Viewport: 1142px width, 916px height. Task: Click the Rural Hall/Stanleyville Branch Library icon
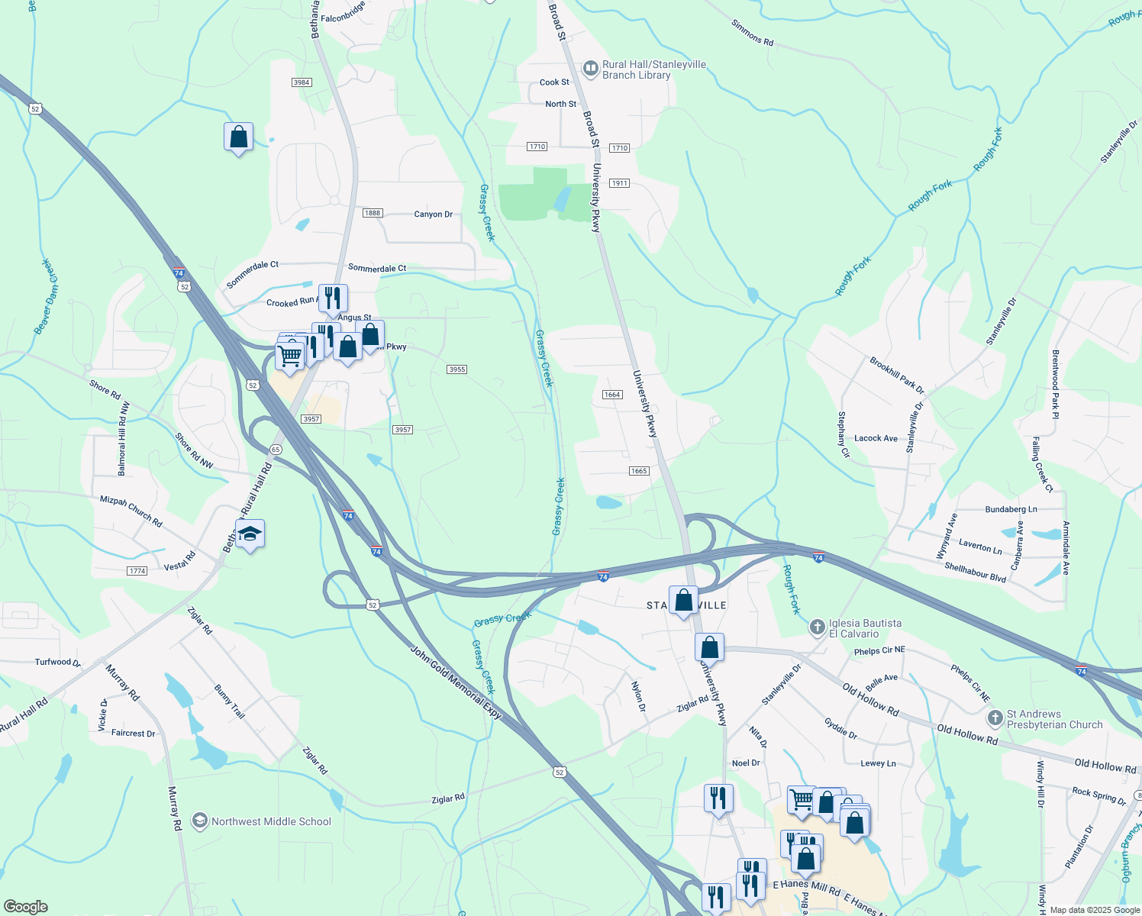[x=591, y=69]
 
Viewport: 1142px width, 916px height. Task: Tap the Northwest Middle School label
[x=271, y=821]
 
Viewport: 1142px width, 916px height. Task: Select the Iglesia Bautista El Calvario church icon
[x=818, y=627]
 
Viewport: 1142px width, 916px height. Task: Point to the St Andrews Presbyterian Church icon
[x=995, y=718]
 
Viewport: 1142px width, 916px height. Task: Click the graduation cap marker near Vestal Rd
[x=250, y=534]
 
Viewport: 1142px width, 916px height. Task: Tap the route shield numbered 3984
[x=302, y=82]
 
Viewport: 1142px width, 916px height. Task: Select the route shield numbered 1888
[x=372, y=213]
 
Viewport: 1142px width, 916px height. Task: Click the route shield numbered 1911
[x=619, y=183]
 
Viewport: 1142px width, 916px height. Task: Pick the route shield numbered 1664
[x=612, y=395]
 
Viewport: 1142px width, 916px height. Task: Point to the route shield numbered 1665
[x=639, y=471]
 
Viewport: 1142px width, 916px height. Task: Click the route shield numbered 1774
[x=137, y=571]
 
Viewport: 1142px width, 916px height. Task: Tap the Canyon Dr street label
[x=434, y=214]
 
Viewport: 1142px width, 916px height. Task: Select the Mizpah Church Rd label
[x=131, y=511]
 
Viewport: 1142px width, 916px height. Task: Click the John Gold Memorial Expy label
[x=456, y=682]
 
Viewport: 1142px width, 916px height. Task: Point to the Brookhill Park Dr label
[x=897, y=375]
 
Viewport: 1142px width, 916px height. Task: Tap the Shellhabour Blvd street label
[x=976, y=572]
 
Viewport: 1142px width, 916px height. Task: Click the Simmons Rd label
[x=752, y=33]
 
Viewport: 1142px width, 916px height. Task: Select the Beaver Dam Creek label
[x=47, y=296]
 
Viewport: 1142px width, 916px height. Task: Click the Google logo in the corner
[x=25, y=907]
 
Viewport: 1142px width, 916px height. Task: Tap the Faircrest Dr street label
[x=133, y=734]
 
